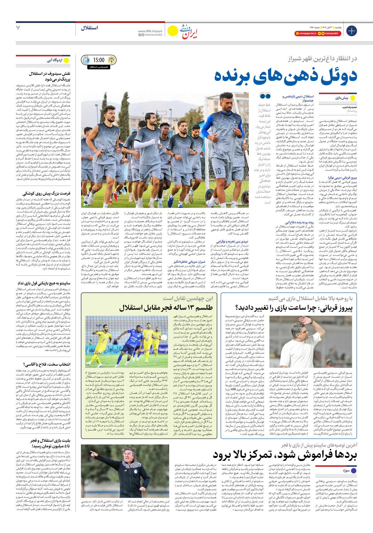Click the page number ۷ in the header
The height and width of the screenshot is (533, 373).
tap(18, 28)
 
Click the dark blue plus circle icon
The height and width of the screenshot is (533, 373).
tap(351, 31)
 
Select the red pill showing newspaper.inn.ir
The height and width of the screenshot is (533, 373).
tap(306, 33)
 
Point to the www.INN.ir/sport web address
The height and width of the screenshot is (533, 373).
tap(150, 31)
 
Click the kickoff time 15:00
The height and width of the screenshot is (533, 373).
tap(99, 60)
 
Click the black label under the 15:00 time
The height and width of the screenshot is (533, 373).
tap(99, 67)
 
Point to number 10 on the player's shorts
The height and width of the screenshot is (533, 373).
tap(218, 171)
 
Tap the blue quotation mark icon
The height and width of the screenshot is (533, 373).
tap(265, 96)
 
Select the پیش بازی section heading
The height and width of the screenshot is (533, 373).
tap(341, 98)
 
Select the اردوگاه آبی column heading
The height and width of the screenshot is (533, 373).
tap(55, 60)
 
